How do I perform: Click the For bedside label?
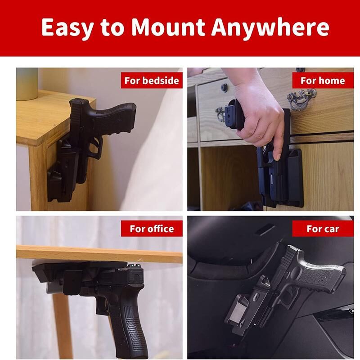(x=152, y=81)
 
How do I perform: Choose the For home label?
(x=323, y=81)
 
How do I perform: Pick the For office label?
(x=152, y=229)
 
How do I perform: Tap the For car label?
(x=323, y=229)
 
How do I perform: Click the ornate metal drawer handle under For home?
(x=301, y=99)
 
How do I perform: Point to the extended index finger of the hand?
(x=277, y=144)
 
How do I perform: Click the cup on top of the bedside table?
(x=27, y=84)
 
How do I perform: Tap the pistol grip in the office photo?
(x=131, y=328)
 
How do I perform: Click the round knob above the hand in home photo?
(x=224, y=87)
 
